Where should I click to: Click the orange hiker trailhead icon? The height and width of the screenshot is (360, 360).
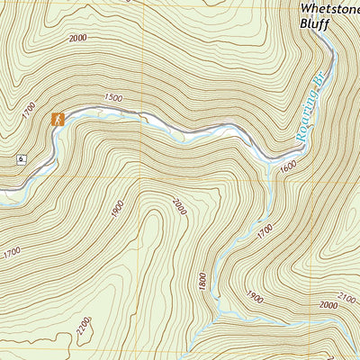(x=58, y=119)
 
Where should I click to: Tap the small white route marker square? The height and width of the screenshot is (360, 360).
(x=20, y=160)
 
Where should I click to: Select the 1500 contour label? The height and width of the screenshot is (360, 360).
(x=112, y=96)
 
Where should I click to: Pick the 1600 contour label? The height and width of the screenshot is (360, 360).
(x=288, y=167)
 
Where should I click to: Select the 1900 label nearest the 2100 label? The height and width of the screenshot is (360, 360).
(x=254, y=296)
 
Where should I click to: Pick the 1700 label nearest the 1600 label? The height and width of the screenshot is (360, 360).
(x=263, y=233)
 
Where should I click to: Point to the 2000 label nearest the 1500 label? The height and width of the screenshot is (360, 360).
(x=76, y=39)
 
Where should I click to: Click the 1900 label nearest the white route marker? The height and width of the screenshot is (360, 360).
(x=117, y=208)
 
